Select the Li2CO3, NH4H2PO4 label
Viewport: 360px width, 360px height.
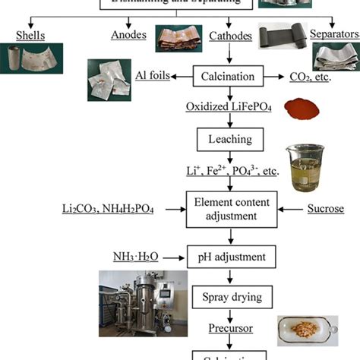coord(108,207)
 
